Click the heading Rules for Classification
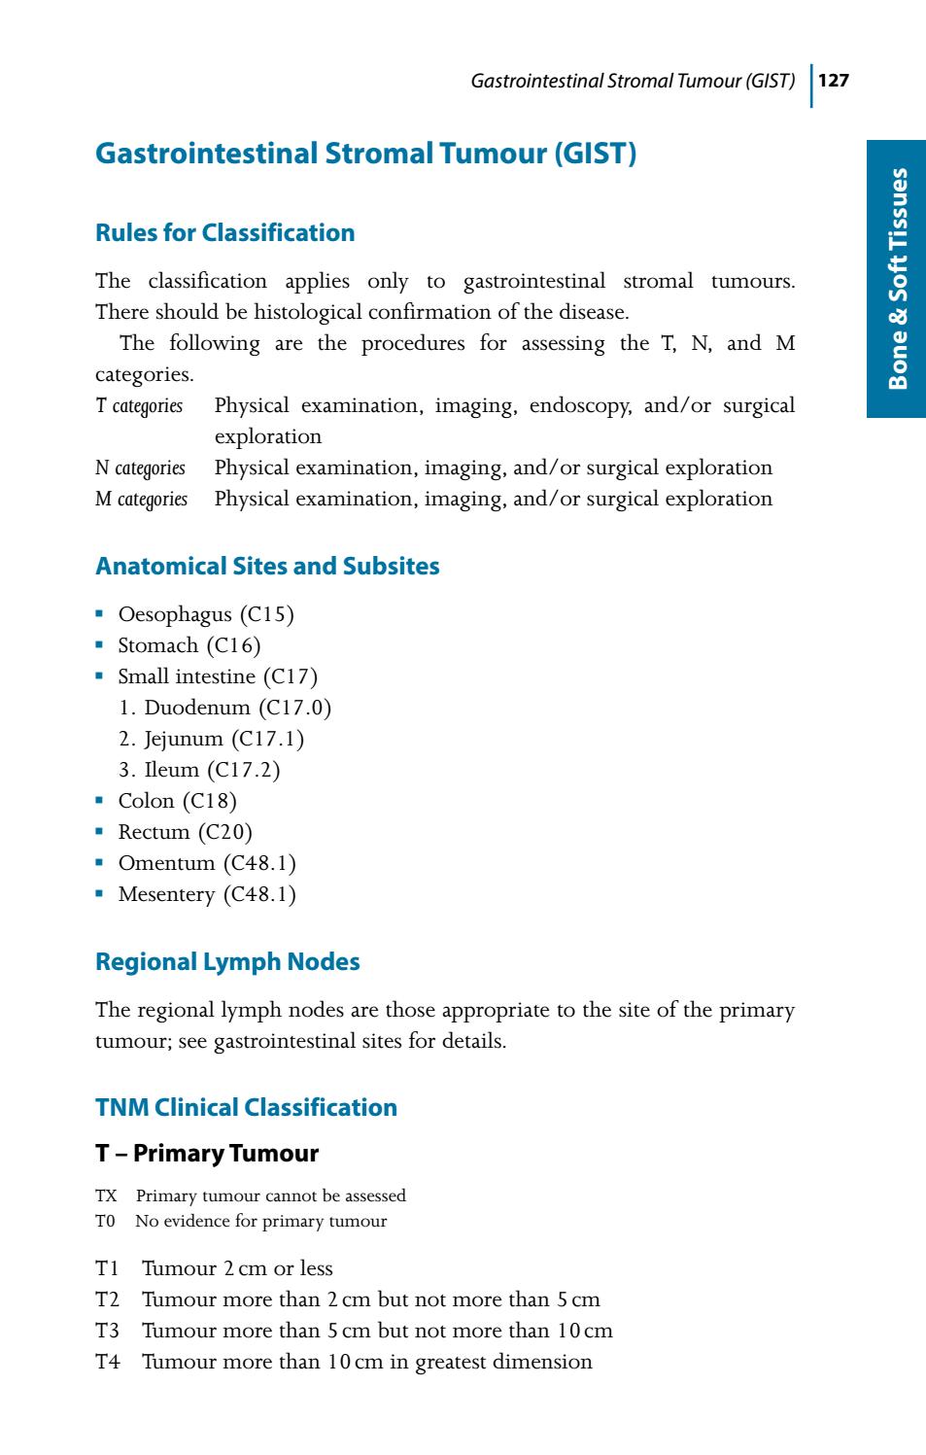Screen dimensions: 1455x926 coord(224,233)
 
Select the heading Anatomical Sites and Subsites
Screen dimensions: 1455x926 coord(267,567)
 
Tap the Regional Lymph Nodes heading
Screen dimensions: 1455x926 coord(227,962)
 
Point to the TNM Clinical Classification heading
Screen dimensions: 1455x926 coord(246,1108)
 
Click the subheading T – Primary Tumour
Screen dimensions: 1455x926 coord(206,1154)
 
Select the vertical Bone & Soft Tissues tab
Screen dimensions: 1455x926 coord(898,279)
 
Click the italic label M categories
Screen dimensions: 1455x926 coord(141,500)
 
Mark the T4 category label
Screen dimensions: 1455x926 coord(108,1362)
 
